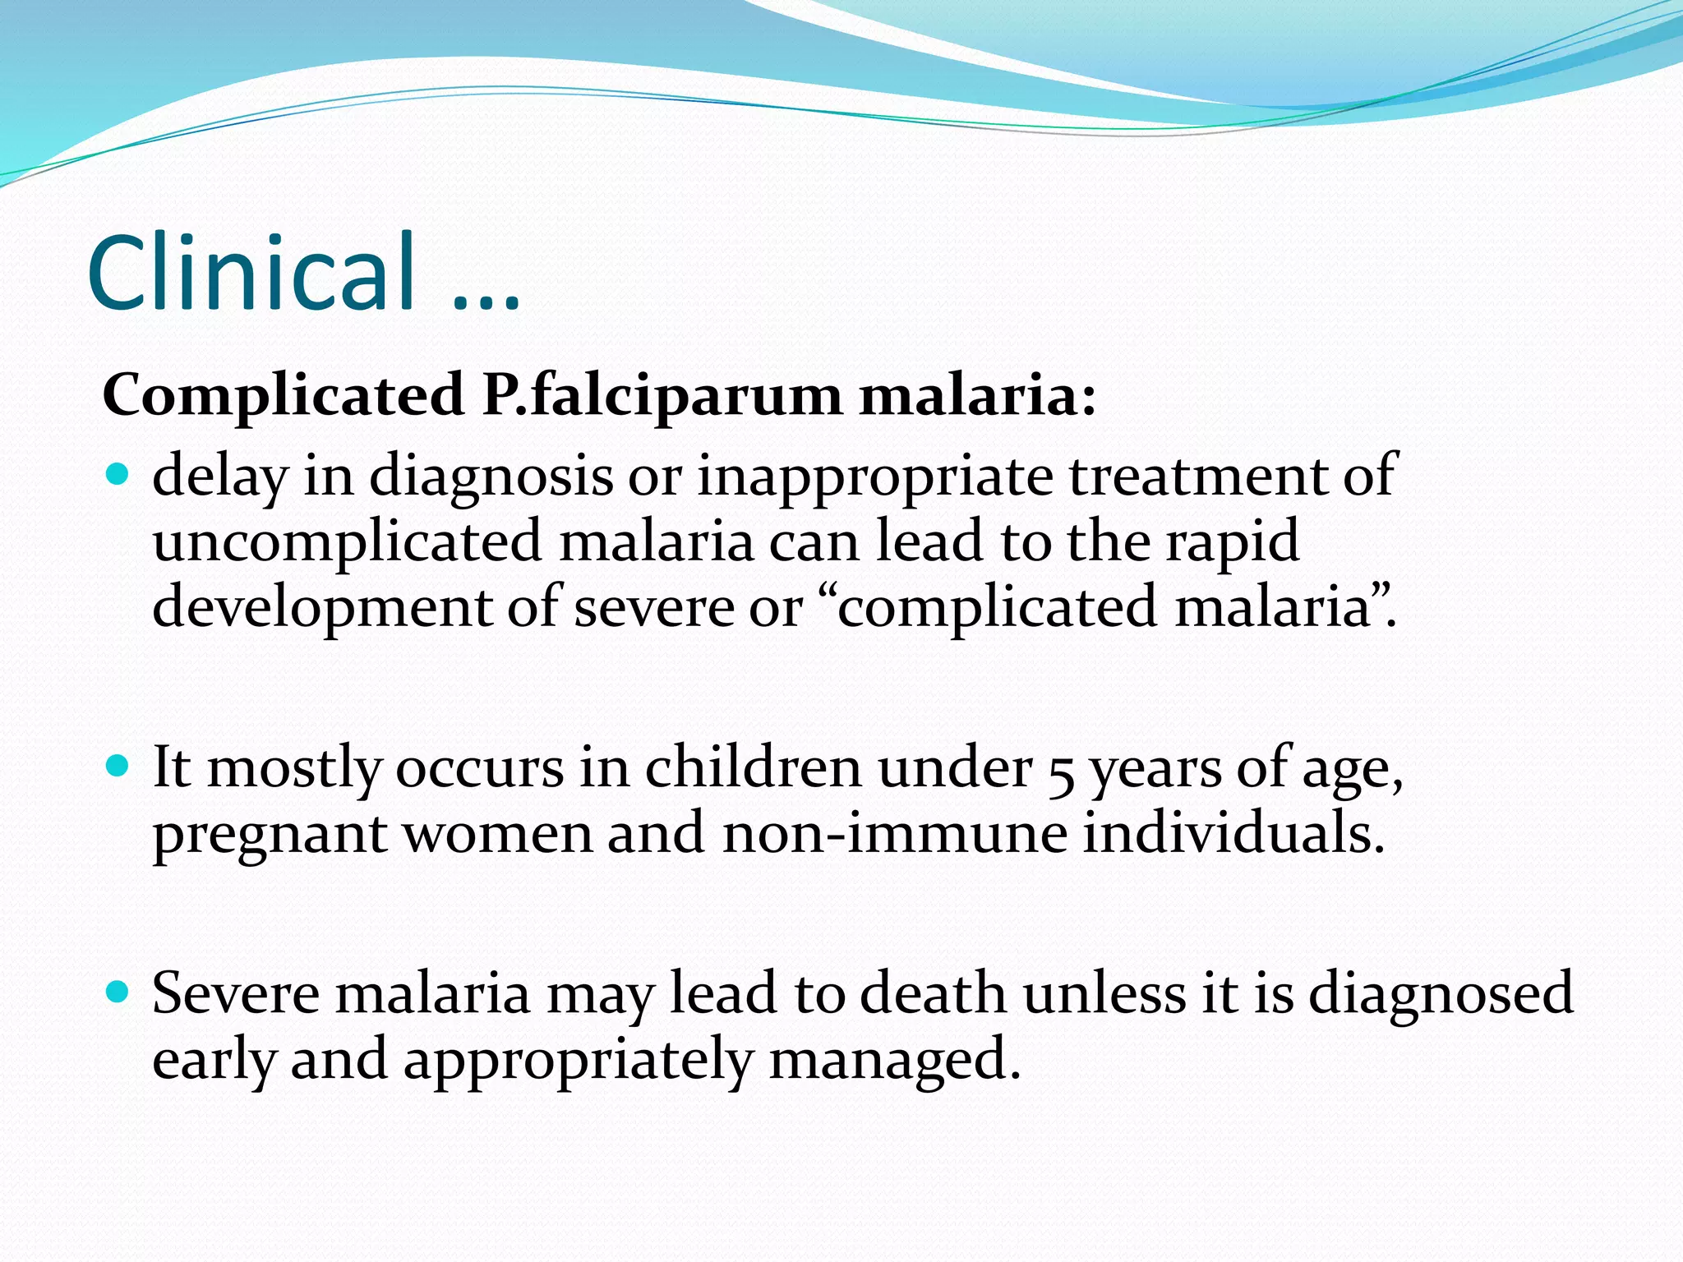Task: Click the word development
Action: pyautogui.click(x=322, y=609)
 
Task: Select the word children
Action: pyautogui.click(x=753, y=768)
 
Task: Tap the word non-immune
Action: pyautogui.click(x=895, y=833)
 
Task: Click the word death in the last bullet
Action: pyautogui.click(x=933, y=993)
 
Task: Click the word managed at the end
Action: pyautogui.click(x=894, y=1061)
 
